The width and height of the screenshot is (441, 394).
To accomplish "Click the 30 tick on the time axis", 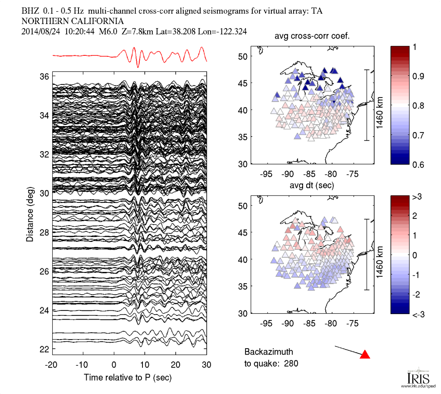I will [x=206, y=365].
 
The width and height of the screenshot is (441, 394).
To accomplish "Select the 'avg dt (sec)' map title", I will [x=312, y=185].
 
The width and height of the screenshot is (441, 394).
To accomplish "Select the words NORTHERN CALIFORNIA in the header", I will [x=72, y=21].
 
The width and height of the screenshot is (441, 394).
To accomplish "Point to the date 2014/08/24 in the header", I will [x=41, y=31].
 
